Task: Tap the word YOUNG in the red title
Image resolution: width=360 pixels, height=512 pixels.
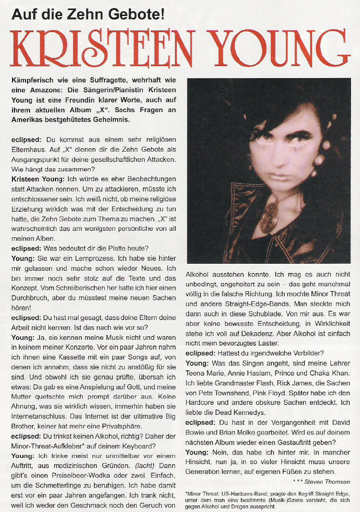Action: (x=279, y=49)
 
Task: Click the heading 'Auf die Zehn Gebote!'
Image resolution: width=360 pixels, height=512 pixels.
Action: (x=87, y=15)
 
